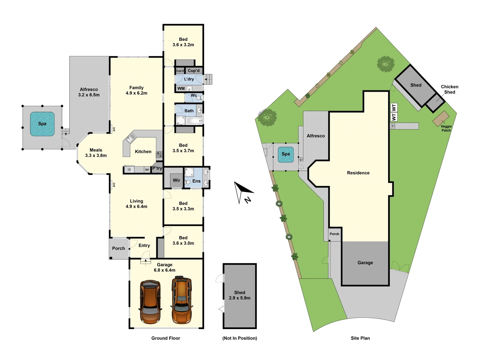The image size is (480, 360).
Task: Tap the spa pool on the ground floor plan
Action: point(42,124)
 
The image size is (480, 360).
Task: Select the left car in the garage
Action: point(150,302)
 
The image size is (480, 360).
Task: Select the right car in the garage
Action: point(182,300)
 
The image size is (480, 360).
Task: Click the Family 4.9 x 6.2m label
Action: point(136,90)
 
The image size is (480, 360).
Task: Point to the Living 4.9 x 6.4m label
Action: point(136,204)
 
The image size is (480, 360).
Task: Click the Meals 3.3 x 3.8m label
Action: point(96,153)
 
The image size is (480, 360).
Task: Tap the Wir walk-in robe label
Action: point(176,180)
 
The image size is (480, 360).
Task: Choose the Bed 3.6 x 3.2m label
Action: point(183,42)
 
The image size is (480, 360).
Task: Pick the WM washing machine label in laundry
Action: point(181,88)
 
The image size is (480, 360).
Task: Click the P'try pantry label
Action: point(157,168)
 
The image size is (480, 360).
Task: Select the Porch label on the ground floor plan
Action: point(118,248)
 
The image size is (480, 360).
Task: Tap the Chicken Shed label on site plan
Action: point(449,89)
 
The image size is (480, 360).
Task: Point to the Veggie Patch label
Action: point(446,128)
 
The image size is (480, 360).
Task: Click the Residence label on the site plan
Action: point(358,173)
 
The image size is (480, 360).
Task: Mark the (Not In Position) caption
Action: point(239,338)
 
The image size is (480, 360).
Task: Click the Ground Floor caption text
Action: point(166,338)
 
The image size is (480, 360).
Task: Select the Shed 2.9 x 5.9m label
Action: point(239,295)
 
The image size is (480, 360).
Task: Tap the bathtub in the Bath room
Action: point(189,120)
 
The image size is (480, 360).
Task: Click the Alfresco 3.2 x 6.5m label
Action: point(89,92)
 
